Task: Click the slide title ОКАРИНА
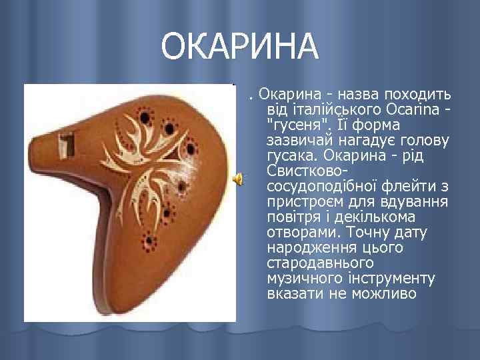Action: (x=240, y=46)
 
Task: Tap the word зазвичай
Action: (x=300, y=141)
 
